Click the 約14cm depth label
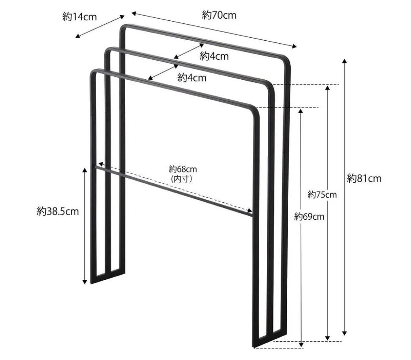[79, 17]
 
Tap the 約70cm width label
[219, 16]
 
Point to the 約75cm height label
[322, 195]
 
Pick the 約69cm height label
[309, 217]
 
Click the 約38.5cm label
[58, 211]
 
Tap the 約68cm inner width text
[183, 170]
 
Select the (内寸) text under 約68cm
[183, 179]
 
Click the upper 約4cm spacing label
[214, 56]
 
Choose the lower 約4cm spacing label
[192, 78]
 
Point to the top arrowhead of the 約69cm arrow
[301, 111]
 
